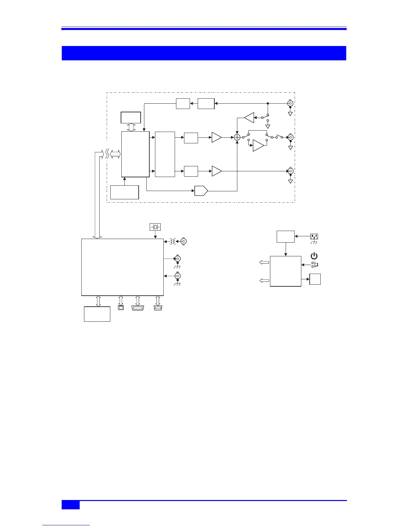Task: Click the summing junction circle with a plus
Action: point(237,137)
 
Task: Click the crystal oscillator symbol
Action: point(155,227)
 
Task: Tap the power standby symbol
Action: point(314,256)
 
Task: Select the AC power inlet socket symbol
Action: point(314,236)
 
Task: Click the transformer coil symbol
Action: point(172,241)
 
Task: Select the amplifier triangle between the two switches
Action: point(258,145)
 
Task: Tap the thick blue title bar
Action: point(204,53)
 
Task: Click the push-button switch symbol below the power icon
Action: point(314,265)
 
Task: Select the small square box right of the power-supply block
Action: point(315,279)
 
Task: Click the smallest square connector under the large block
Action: point(121,308)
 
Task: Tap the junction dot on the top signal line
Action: point(268,103)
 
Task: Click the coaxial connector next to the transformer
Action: point(183,241)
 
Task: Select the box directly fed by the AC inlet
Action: point(286,236)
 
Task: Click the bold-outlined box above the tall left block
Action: point(131,118)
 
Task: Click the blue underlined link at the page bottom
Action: point(66,525)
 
